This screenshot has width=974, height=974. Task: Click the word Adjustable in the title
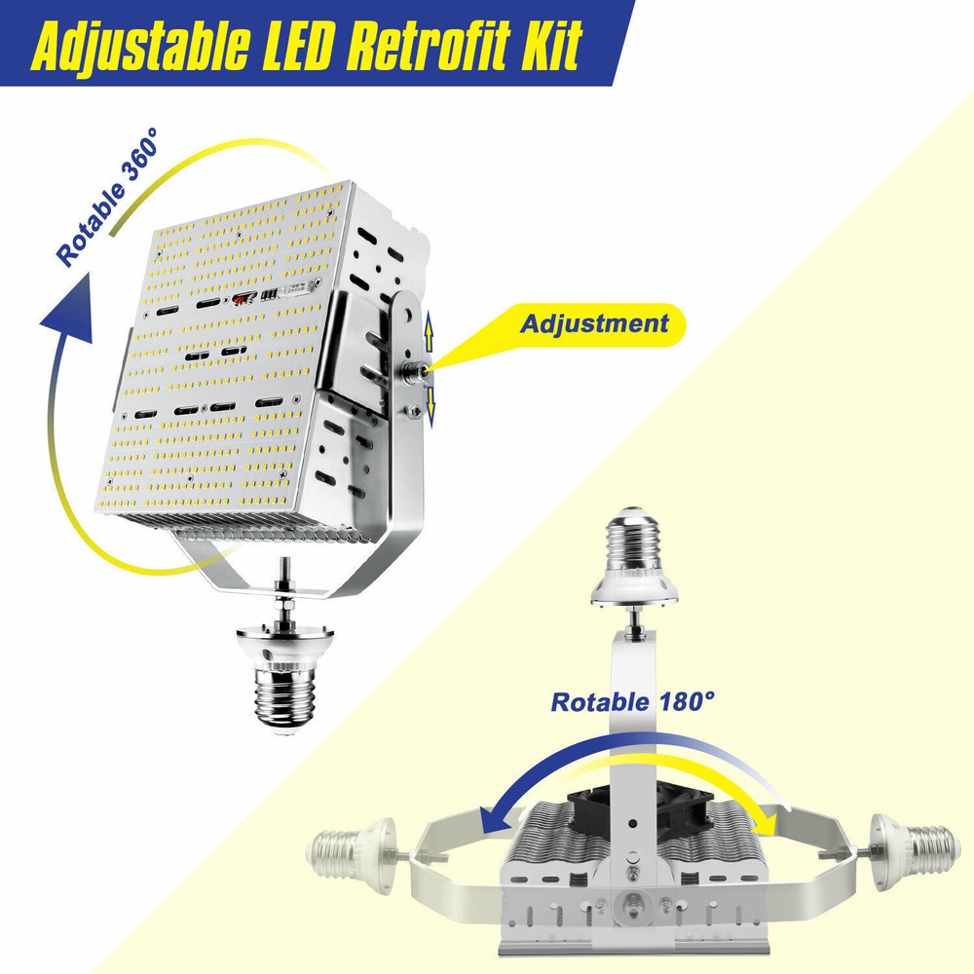tap(140, 46)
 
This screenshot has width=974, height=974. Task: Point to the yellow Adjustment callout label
tap(595, 323)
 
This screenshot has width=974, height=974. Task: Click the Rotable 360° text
tap(107, 197)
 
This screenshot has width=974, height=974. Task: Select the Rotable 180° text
tap(632, 702)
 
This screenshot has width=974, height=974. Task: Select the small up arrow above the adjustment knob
tap(428, 333)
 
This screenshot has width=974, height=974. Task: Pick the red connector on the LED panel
tap(242, 299)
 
